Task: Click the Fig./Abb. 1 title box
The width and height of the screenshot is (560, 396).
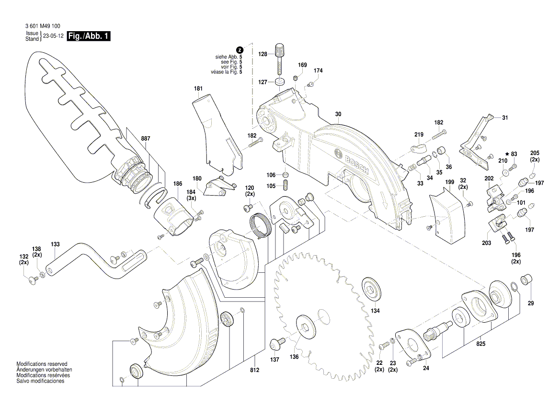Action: pos(89,36)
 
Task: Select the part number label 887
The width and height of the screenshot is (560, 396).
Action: pos(146,139)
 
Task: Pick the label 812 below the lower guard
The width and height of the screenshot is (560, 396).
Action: pos(254,370)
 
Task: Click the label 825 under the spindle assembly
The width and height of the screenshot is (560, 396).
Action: pos(480,344)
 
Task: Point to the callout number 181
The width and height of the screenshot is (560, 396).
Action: pos(198,89)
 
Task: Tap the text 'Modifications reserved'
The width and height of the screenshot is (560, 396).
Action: pos(42,364)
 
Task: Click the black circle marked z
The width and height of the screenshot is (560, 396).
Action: pos(240,50)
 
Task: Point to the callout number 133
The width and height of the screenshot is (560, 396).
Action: pos(56,244)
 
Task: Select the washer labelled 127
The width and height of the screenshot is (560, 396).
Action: pos(280,82)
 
